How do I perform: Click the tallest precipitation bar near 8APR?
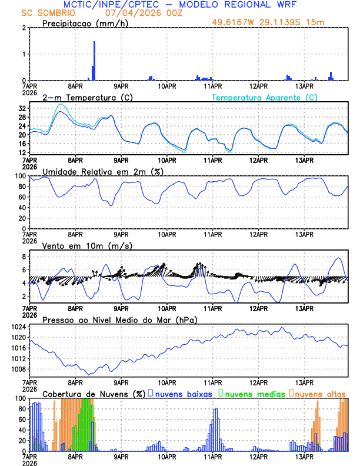(x=94, y=61)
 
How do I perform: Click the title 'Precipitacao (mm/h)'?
(x=84, y=23)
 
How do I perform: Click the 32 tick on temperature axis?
(x=22, y=109)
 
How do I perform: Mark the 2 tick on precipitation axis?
(x=24, y=28)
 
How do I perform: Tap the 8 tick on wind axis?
(x=24, y=257)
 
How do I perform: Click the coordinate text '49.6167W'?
(x=233, y=23)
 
